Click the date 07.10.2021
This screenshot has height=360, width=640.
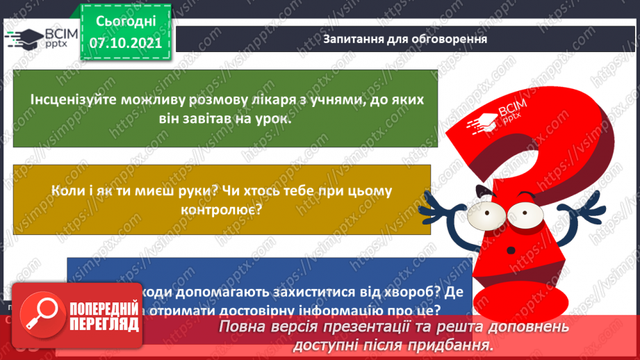coord(126,42)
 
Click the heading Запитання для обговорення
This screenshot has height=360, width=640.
coord(404,39)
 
